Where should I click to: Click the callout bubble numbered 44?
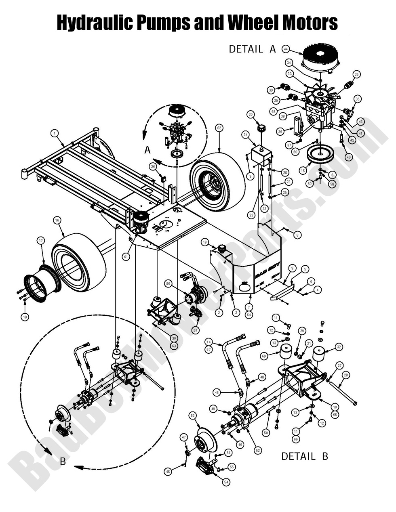pos(286,49)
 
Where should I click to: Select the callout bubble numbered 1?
pos(54,133)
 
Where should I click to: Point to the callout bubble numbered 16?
pos(57,220)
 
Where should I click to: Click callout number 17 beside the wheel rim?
pos(40,241)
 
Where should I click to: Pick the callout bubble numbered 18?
pos(25,317)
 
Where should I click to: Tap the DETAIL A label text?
pos(252,49)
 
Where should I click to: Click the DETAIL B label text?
pos(304,456)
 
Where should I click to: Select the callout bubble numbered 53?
pos(193,415)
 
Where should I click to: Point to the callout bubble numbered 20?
pos(251,115)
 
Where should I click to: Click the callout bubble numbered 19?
pos(205,243)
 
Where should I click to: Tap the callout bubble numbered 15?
pos(303,171)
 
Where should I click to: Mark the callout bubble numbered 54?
pos(226,482)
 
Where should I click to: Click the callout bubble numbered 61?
pos(126,256)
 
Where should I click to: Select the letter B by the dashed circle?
pos(63,461)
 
